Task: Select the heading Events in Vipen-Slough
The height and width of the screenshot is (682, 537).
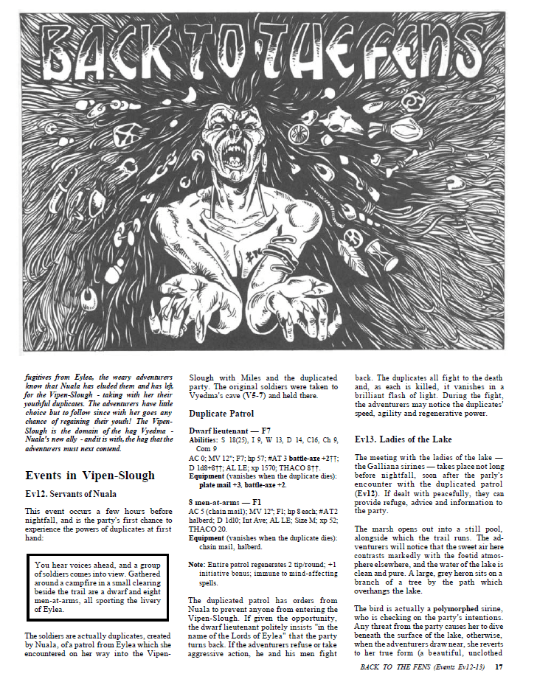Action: point(90,476)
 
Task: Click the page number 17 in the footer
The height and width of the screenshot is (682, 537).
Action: point(499,668)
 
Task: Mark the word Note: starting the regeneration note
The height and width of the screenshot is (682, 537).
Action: point(197,564)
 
